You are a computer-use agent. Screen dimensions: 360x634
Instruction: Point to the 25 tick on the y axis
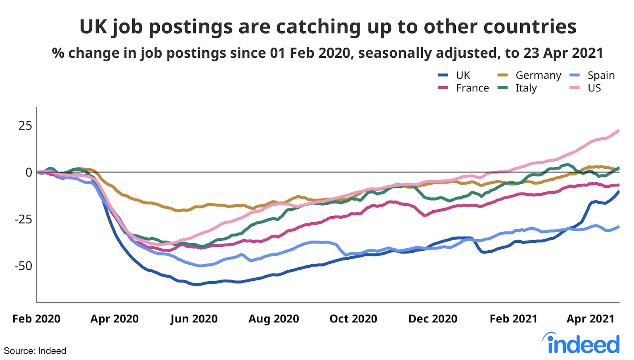pyautogui.click(x=25, y=126)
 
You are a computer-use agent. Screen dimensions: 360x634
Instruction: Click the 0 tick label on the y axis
pyautogui.click(x=29, y=172)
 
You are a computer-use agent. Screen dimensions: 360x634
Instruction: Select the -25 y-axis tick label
pyautogui.click(x=23, y=219)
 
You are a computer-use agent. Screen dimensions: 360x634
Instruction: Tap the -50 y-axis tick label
pyautogui.click(x=23, y=266)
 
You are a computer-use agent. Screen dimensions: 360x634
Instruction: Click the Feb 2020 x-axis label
pyautogui.click(x=36, y=319)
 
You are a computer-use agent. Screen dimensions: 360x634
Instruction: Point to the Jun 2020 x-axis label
pyautogui.click(x=194, y=319)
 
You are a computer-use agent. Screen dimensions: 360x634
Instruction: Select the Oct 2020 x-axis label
pyautogui.click(x=353, y=319)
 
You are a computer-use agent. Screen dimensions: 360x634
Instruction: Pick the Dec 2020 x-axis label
pyautogui.click(x=433, y=319)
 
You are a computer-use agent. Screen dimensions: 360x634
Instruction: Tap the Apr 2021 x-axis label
pyautogui.click(x=590, y=319)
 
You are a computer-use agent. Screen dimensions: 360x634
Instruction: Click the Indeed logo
pyautogui.click(x=581, y=343)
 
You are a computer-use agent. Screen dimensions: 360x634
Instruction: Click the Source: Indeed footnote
pyautogui.click(x=35, y=351)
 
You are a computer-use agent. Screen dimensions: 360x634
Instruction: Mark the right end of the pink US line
pyautogui.click(x=619, y=131)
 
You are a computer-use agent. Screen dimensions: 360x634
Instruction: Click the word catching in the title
pyautogui.click(x=319, y=27)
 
